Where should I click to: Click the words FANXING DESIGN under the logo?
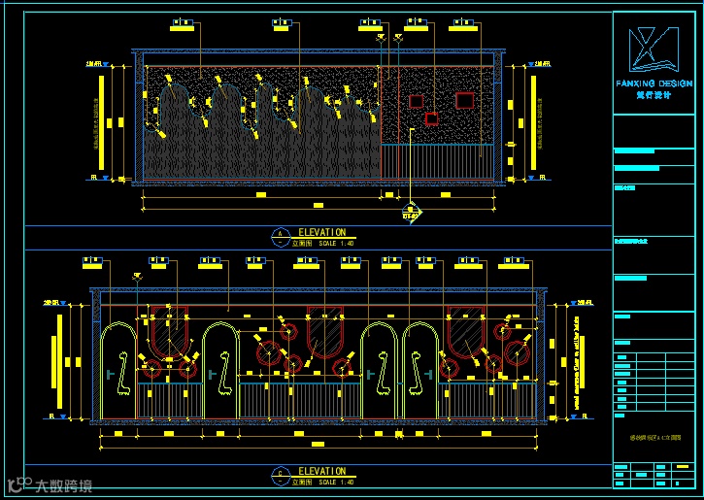tap(654, 84)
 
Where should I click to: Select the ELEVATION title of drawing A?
tap(321, 233)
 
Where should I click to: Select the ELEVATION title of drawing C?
tap(321, 472)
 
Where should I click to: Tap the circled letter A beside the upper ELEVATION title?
tap(281, 234)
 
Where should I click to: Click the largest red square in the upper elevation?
tap(463, 99)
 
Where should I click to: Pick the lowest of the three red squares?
tap(431, 118)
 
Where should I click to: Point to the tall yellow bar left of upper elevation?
tap(101, 119)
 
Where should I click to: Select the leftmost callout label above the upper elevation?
tap(181, 22)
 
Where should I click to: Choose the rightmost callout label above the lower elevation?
tap(515, 261)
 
